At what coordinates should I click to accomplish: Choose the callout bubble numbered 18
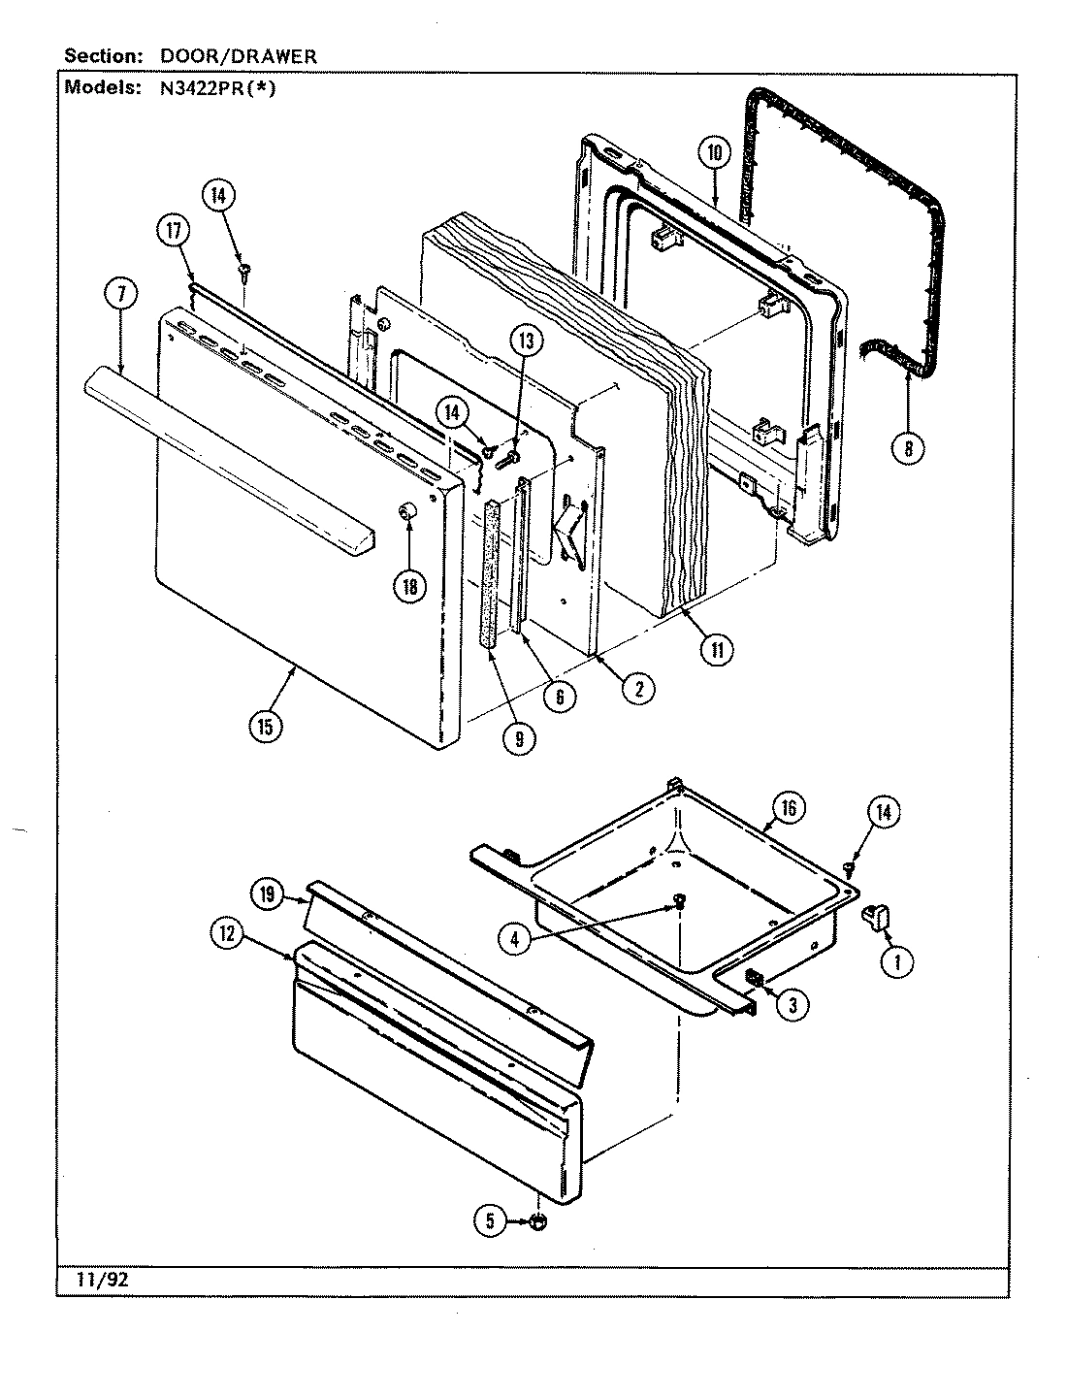[x=410, y=585]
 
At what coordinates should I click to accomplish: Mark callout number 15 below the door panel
[x=266, y=726]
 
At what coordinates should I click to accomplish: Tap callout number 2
[x=637, y=690]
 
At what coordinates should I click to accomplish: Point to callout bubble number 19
[x=267, y=895]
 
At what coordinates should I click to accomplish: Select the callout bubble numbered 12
[x=224, y=933]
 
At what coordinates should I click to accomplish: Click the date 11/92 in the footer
[x=95, y=1281]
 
